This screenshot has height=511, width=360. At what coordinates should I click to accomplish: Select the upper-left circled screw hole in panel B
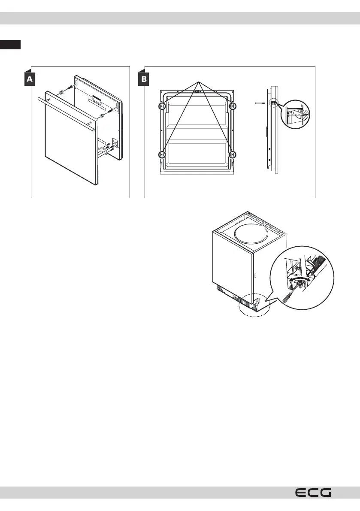click(x=162, y=106)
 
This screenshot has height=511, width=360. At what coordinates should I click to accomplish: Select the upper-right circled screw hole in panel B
click(x=232, y=106)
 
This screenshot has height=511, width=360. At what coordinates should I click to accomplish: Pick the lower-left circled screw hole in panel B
click(x=162, y=154)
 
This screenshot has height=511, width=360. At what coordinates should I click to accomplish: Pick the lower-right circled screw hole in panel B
click(x=232, y=154)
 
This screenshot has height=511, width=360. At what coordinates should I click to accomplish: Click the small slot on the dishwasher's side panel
click(x=255, y=275)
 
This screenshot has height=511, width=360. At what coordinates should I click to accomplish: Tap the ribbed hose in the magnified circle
click(x=321, y=263)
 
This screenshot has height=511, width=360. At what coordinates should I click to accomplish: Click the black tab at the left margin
click(x=10, y=45)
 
